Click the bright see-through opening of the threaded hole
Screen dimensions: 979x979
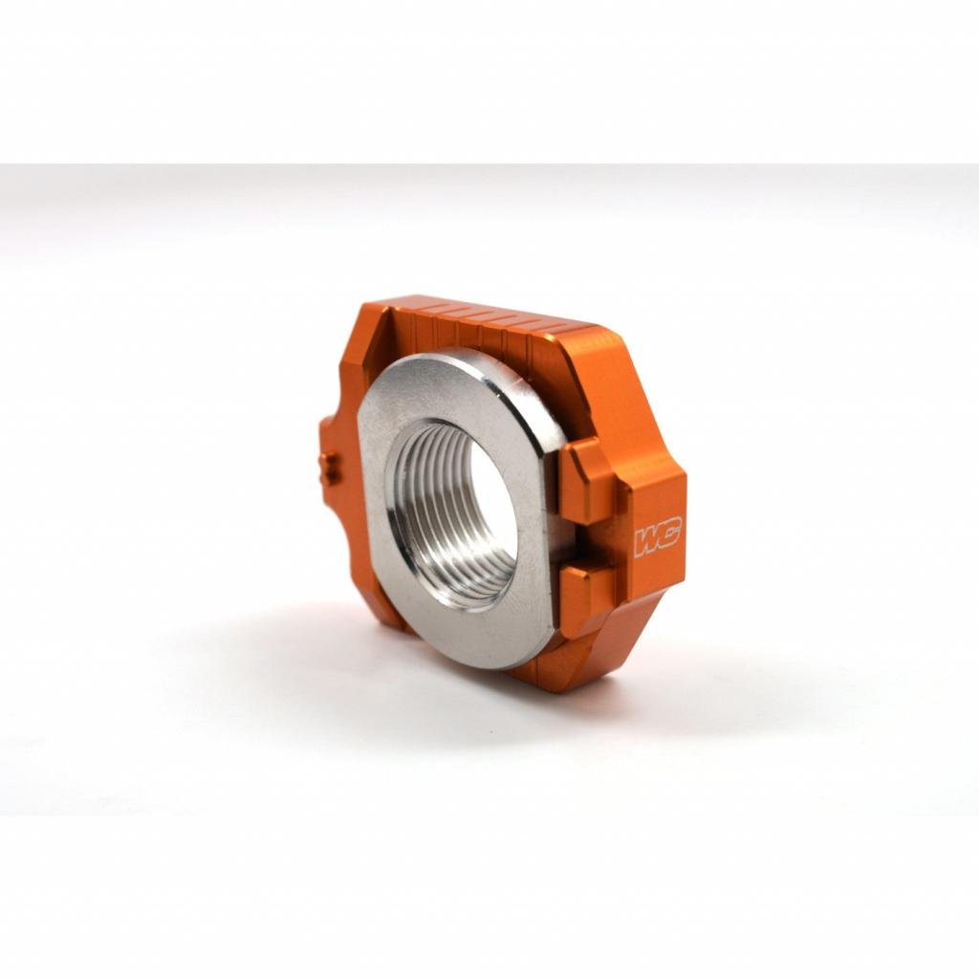tap(489, 497)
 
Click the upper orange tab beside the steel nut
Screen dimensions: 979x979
tap(585, 483)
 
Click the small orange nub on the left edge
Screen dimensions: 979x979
tap(329, 468)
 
